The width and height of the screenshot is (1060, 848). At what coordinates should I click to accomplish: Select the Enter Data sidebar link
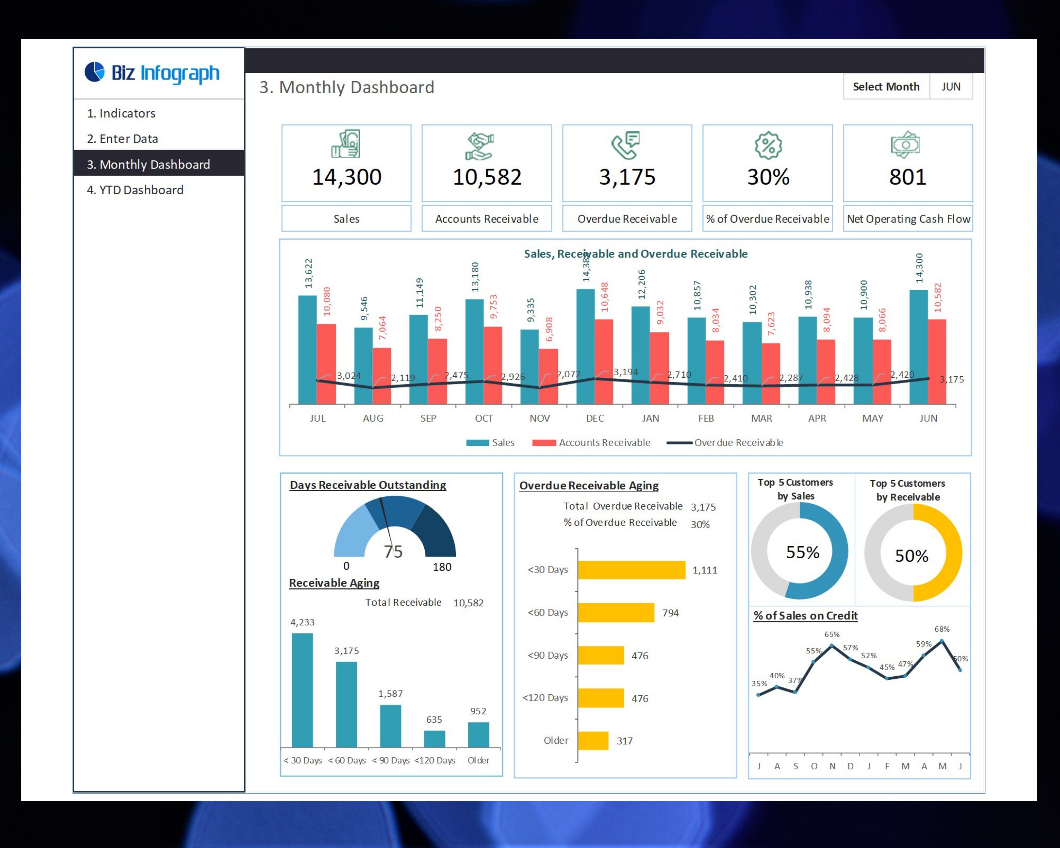coord(122,139)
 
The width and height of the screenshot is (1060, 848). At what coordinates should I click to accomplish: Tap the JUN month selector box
coord(950,87)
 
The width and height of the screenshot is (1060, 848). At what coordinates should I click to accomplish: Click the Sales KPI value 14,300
coord(347,177)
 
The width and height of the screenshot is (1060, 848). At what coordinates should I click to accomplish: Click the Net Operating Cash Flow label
coord(908,219)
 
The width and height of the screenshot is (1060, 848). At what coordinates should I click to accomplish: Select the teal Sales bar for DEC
coord(585,347)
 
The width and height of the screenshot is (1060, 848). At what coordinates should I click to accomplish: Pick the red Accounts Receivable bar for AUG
coord(382,376)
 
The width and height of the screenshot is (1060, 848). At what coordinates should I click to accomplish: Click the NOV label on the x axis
coord(539,418)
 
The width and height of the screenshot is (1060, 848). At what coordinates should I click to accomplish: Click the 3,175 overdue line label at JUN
coord(951,379)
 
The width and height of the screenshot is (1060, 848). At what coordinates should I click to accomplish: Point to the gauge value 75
coord(393,552)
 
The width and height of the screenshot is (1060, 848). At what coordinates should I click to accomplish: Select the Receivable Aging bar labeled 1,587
coord(390,726)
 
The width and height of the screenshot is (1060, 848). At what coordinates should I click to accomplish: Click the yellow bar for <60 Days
coord(616,613)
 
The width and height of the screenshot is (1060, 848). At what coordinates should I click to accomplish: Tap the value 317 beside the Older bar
coord(624,741)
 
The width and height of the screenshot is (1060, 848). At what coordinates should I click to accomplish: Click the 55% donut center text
coord(802,552)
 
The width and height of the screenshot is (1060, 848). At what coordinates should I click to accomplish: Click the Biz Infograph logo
coord(152,73)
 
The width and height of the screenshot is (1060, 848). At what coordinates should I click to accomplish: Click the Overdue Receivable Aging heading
coord(589,486)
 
